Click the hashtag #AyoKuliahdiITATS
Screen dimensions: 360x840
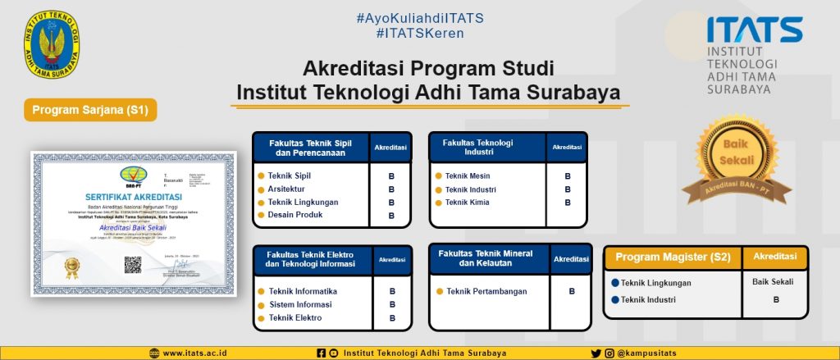click(x=420, y=17)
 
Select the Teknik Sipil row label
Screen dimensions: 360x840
click(x=290, y=175)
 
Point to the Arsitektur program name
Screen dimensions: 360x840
click(x=286, y=189)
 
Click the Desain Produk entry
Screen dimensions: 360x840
click(x=294, y=215)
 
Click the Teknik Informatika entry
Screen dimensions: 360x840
click(x=302, y=291)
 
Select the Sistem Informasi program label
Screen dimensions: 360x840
click(x=300, y=304)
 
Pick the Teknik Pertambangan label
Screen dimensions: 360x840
click(x=486, y=291)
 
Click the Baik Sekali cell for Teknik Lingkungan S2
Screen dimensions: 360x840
click(x=773, y=282)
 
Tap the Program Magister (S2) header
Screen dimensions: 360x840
click(x=673, y=257)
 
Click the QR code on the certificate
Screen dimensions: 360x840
click(x=133, y=265)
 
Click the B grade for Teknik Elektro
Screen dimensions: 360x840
click(x=392, y=317)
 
